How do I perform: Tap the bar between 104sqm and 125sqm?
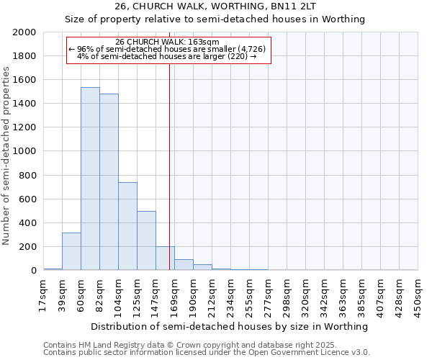pos(127,226)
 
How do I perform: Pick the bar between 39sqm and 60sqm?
pos(71,251)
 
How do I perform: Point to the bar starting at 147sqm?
pos(165,258)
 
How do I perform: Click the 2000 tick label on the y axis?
pos(24,33)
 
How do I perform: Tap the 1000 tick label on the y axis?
pos(24,152)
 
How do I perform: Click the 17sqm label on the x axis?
pos(43,294)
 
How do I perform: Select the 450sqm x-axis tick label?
pos(418,294)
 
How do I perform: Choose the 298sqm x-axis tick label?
pos(287,294)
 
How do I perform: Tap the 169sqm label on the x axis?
pos(174,294)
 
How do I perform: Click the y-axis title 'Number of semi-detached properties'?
pos(6,156)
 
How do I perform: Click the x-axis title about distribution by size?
pos(230,327)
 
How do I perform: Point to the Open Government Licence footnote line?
pos(207,353)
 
